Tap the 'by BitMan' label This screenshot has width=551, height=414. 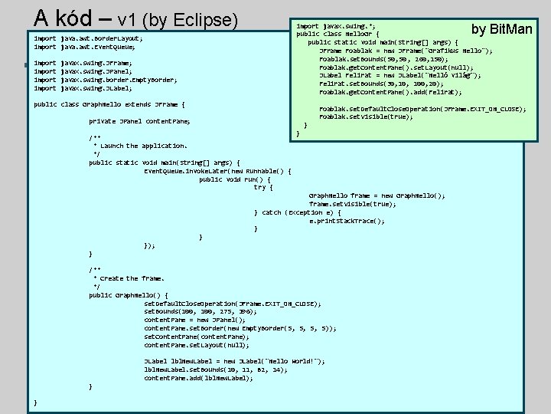[502, 29]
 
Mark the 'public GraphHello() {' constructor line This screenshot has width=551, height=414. [129, 295]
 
